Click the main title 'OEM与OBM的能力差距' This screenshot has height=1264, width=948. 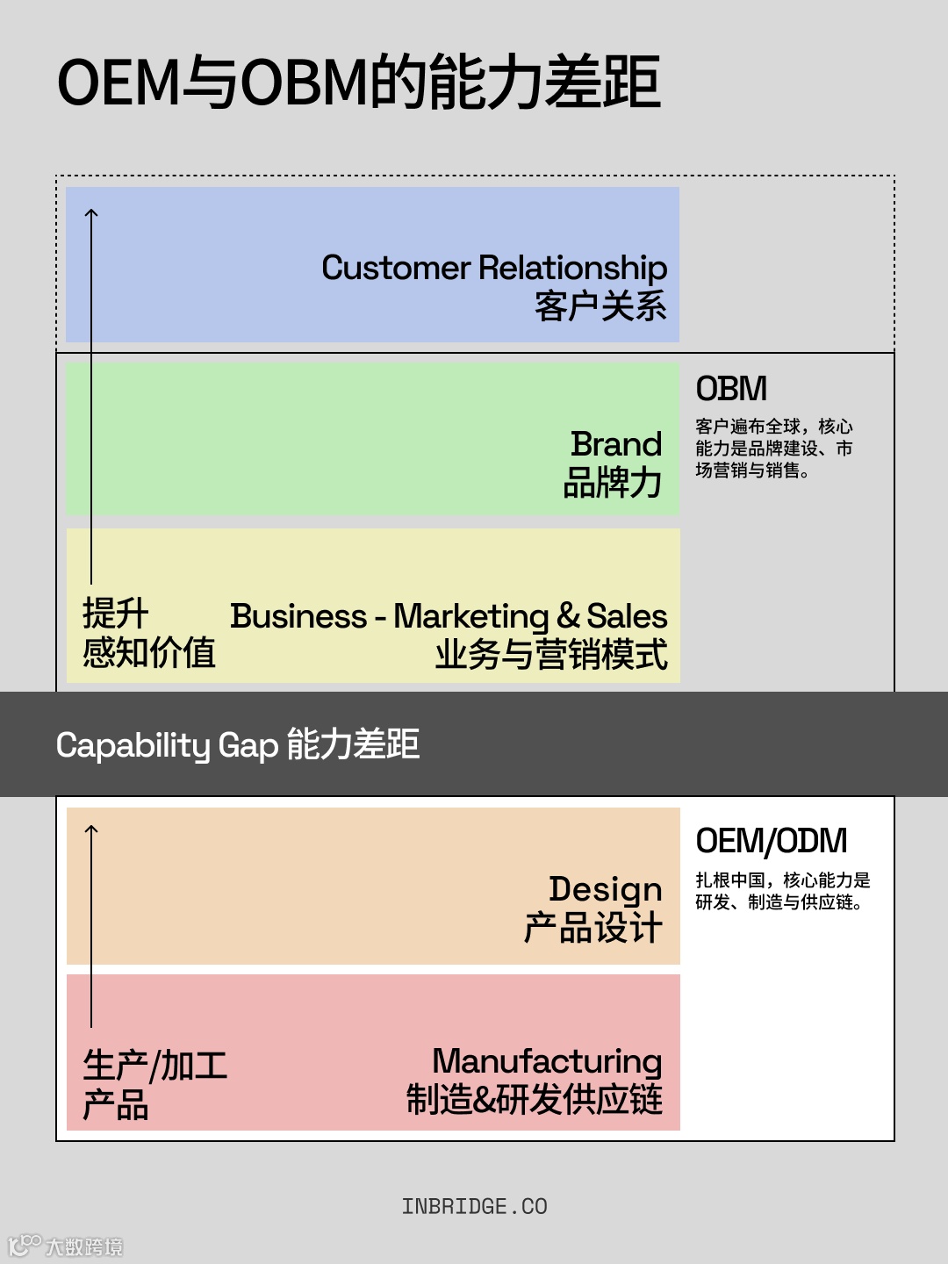pos(358,83)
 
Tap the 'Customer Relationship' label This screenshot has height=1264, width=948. pos(494,268)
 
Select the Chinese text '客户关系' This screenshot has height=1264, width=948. pos(600,306)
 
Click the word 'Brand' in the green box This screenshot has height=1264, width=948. pos(616,444)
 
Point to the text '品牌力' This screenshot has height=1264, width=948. pos(613,483)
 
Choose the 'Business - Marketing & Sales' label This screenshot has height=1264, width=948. pos(449,616)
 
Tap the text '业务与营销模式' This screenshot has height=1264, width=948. pos(551,655)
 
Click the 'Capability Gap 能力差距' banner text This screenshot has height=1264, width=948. pos(237,744)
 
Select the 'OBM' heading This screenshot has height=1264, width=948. pos(731,389)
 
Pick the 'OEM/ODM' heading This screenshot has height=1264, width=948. pos(772,841)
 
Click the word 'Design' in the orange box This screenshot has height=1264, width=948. pos(606,890)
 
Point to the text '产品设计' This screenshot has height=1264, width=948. pos(593,929)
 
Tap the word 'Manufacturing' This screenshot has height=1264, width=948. pos(547,1061)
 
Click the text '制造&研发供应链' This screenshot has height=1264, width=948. pos(534,1100)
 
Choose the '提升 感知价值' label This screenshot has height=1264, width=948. pos(148,633)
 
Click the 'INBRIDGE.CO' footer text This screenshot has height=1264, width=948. pos(474,1207)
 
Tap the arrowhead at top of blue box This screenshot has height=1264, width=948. pos(91,212)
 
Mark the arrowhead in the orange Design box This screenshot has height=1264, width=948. pos(91,828)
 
